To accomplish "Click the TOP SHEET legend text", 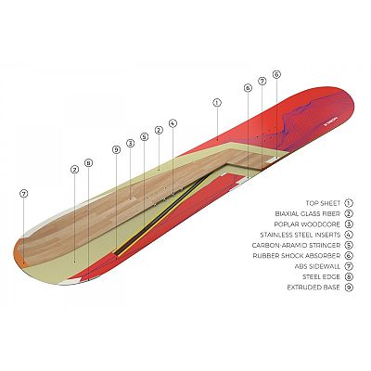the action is [x=323, y=203].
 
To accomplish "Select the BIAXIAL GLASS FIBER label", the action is [x=308, y=213].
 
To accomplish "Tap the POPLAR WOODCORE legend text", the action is [x=307, y=224].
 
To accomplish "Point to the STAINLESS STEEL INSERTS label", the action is [x=301, y=235].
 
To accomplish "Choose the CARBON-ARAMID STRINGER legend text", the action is [x=296, y=245].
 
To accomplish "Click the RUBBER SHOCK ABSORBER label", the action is [x=297, y=256].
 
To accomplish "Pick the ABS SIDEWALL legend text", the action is [x=318, y=266].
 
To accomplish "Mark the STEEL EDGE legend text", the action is [x=321, y=276].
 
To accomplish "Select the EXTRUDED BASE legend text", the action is [x=313, y=288].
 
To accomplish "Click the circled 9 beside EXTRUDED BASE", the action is [x=349, y=288].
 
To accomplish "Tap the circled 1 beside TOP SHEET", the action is [x=349, y=203].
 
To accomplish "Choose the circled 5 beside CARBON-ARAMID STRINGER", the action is [x=349, y=245].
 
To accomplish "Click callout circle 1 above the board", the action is [x=217, y=103].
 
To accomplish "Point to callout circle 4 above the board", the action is [x=173, y=123].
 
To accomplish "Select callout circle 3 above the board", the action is [x=130, y=143].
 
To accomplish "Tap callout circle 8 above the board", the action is [x=88, y=163].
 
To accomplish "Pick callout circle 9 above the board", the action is [x=116, y=150].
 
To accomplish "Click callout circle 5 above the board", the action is [x=144, y=136].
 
